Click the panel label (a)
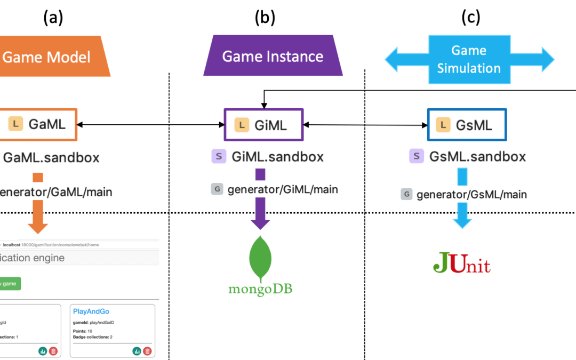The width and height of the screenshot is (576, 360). [53, 18]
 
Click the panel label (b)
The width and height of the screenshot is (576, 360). [265, 18]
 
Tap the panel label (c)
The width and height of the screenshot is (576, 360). [470, 18]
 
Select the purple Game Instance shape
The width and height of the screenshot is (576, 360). [273, 56]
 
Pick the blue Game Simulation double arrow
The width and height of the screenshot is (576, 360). [469, 59]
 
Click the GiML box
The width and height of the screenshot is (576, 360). [263, 125]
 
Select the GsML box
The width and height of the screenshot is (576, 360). [467, 125]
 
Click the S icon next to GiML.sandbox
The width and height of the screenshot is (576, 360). [219, 157]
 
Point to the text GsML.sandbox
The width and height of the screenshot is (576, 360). [477, 157]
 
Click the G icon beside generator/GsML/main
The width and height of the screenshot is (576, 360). [407, 194]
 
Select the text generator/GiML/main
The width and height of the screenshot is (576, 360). [283, 189]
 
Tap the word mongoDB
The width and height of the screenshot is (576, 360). [261, 289]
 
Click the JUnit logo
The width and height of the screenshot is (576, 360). [461, 263]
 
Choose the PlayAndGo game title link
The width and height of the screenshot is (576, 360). [91, 311]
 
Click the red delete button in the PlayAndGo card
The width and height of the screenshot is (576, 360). [147, 351]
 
